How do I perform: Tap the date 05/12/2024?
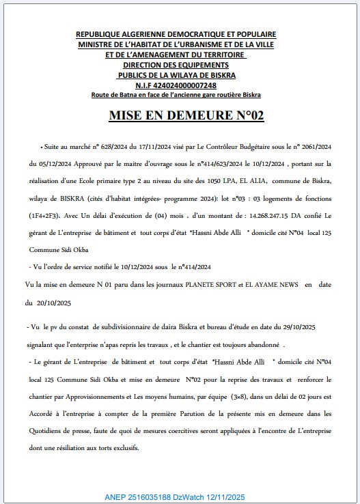coord(49,164)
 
